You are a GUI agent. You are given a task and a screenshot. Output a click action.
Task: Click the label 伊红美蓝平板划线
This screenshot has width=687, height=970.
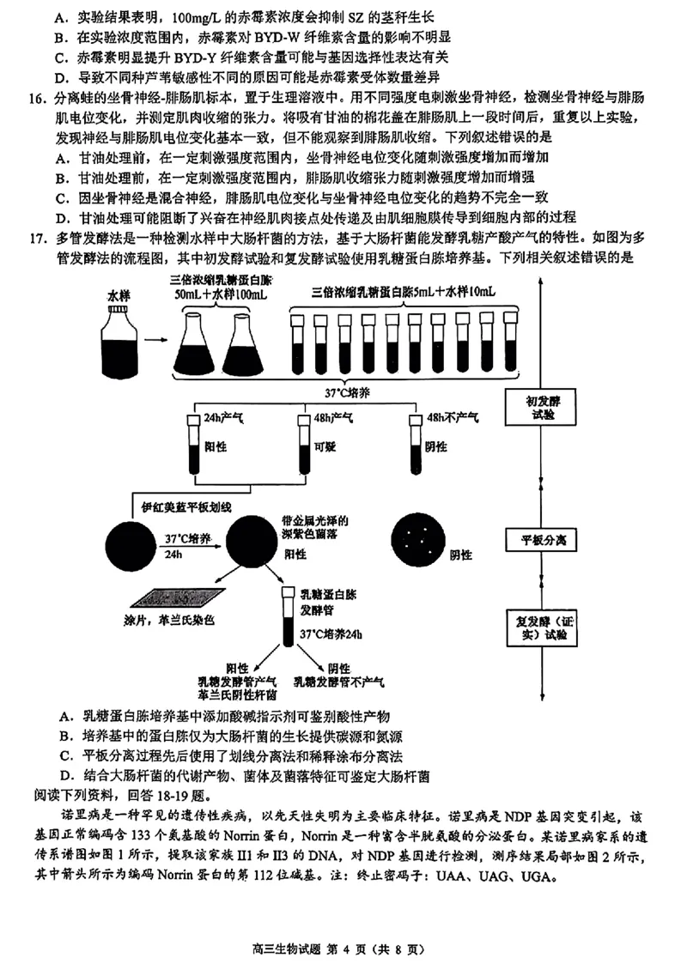[x=186, y=508]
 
